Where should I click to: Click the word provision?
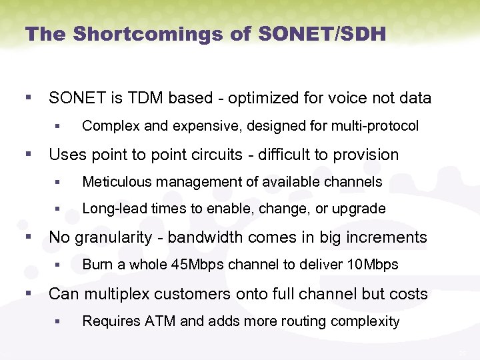[x=367, y=155]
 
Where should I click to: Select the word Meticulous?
[x=113, y=181]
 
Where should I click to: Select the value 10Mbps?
[x=373, y=265]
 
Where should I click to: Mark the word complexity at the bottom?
[x=367, y=321]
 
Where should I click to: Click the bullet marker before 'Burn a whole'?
[x=58, y=265]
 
